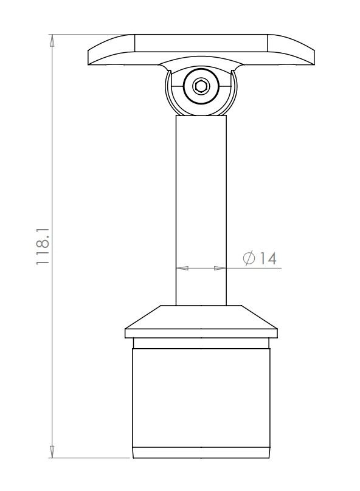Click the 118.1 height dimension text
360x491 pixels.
coord(42,246)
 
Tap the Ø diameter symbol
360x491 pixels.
coord(248,258)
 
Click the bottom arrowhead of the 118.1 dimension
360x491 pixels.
coord(52,452)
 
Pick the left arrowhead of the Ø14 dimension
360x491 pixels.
coord(182,267)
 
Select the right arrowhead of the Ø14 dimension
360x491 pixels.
coord(220,267)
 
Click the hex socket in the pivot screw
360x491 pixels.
coord(201,87)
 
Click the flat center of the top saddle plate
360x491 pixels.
coord(201,44)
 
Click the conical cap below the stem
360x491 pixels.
coord(201,317)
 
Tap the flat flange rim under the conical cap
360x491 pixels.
coord(201,333)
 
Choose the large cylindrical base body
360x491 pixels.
coord(201,398)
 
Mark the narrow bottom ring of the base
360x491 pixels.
coord(201,453)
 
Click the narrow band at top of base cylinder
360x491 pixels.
coord(201,344)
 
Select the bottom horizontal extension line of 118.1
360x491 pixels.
coord(91,458)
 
